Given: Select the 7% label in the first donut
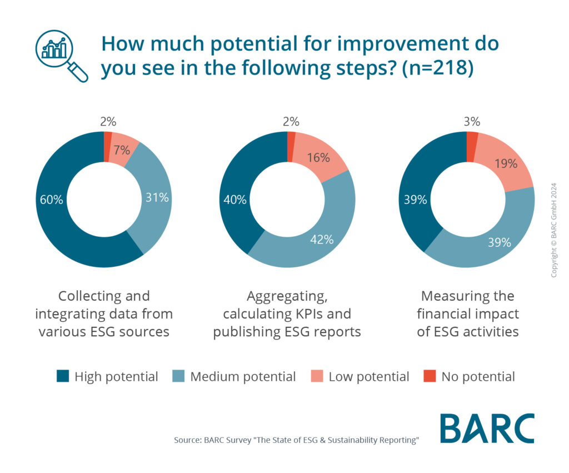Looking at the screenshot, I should coord(122,150).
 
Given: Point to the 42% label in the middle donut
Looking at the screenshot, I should coord(321,240).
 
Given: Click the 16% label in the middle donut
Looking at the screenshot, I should coord(318,157).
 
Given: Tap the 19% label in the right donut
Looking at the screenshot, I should coord(505,163).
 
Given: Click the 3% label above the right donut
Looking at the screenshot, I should coord(472,122).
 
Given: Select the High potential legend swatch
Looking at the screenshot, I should coord(63,377).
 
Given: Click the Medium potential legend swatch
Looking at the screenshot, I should coord(178,377).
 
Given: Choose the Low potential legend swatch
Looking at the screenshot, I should coord(317,377).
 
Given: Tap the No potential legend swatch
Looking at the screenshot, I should coord(430,377).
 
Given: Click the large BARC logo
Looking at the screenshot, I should coord(487,429).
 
